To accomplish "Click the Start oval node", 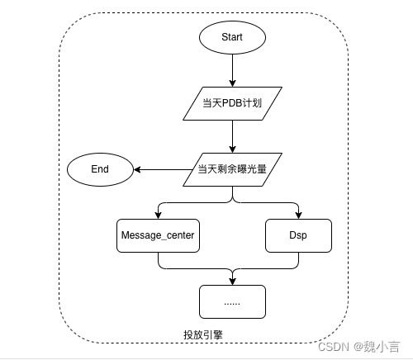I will [x=232, y=37].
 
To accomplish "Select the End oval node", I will [x=100, y=169].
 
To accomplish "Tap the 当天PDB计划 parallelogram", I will [x=232, y=103].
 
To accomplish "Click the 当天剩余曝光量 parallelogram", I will [x=232, y=169].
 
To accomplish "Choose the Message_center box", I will [x=158, y=235].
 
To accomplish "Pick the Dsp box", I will [x=298, y=235].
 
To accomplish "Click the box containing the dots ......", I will [x=232, y=301].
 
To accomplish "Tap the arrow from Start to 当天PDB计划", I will [x=232, y=70].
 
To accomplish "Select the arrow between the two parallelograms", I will [x=232, y=136].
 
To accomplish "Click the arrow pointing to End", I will [x=165, y=169].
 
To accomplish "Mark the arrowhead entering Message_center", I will [x=158, y=215].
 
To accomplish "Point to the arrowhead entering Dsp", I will [x=298, y=215].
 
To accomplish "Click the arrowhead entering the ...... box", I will [x=232, y=281].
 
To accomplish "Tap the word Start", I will [x=232, y=37].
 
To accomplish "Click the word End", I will [x=100, y=169].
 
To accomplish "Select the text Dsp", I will [x=298, y=235].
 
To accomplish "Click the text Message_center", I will [x=158, y=235].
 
